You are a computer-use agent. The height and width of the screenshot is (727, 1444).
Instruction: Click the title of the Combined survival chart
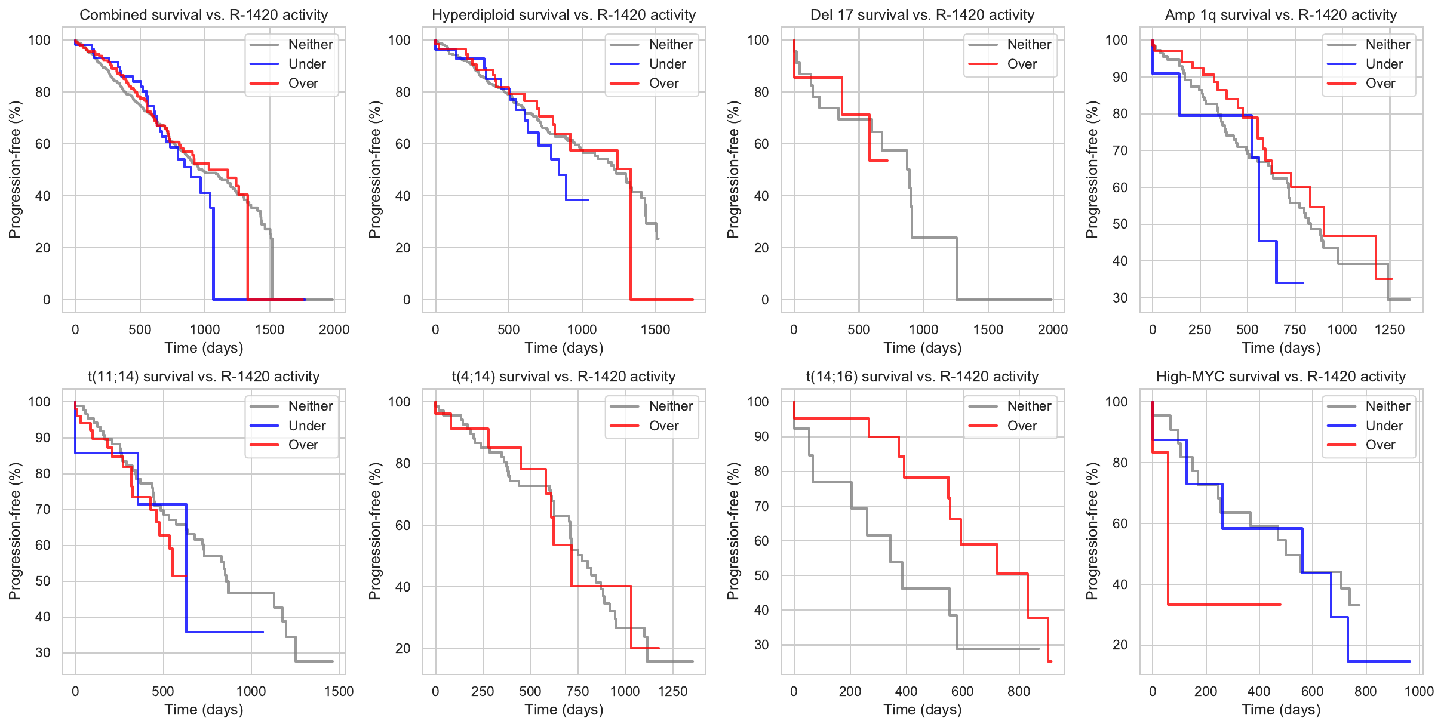204,15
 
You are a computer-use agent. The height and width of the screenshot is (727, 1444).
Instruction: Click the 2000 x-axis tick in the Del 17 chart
1053,329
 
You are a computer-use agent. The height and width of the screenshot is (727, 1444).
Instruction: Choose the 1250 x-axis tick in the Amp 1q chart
1390,329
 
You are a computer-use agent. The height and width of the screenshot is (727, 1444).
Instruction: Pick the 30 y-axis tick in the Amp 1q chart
1120,298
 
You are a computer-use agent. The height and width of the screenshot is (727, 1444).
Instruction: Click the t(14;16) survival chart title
922,377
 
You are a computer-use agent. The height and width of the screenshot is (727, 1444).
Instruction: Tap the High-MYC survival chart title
1281,377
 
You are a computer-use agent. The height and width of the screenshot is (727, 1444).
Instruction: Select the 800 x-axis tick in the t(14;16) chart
1019,691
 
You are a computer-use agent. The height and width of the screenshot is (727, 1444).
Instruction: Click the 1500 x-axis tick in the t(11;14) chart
339,691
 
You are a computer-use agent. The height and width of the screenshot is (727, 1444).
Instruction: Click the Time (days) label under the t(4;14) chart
564,710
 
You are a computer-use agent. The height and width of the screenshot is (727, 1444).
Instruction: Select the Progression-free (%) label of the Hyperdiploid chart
374,170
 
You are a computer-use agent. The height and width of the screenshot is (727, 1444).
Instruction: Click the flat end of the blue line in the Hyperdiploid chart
577,200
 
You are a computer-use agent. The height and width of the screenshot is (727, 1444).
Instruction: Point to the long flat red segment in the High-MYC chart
1224,605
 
